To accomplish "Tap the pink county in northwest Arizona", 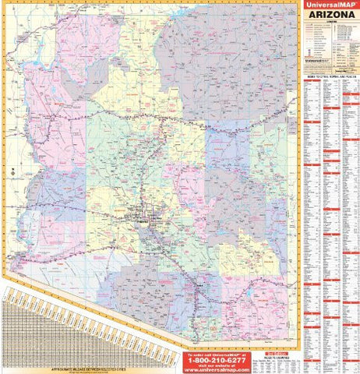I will coord(47,93).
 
